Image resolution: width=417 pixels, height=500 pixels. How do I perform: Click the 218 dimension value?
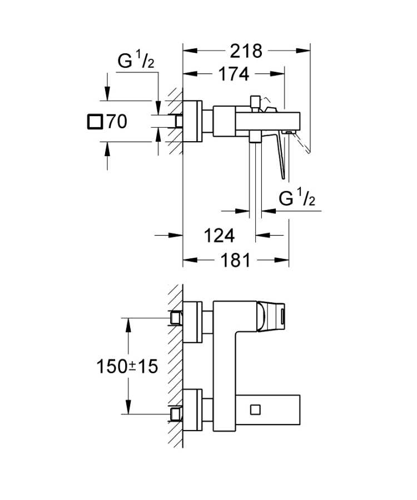point(246,51)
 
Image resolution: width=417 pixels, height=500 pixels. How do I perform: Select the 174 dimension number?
point(233,74)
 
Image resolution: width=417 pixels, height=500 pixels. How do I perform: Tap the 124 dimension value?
point(219,236)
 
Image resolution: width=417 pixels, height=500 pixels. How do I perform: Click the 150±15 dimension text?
point(127,366)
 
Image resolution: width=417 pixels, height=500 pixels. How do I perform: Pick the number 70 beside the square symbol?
point(117,121)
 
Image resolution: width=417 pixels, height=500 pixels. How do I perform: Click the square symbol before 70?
point(96,121)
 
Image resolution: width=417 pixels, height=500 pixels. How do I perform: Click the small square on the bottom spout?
point(255,409)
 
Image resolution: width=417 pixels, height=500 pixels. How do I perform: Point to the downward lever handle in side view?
point(281,156)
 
